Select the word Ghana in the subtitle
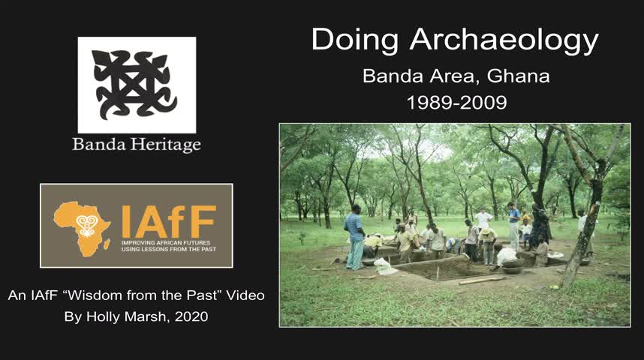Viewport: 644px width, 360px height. coord(519,76)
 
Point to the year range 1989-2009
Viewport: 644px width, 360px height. coord(456,103)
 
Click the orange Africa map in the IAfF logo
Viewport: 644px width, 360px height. coord(82,228)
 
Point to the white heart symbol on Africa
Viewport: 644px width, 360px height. coord(86,225)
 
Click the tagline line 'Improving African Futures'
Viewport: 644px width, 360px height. coord(166,242)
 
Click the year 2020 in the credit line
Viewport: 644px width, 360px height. coord(191,317)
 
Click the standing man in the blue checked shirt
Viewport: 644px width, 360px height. coord(354,237)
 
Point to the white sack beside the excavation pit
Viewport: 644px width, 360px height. coord(385,266)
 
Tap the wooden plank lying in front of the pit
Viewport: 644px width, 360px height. coord(481,280)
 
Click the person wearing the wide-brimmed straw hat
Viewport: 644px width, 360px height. coord(488,245)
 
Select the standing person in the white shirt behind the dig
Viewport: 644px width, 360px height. coord(484,219)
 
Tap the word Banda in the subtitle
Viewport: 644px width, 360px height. coord(393,76)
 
